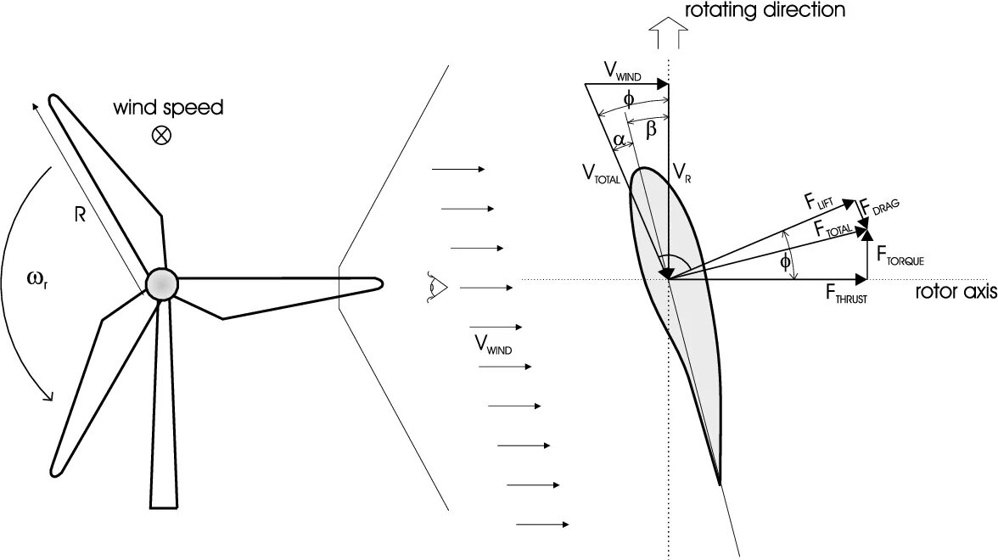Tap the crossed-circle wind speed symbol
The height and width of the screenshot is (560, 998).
[160, 134]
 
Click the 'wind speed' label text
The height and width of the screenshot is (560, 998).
[169, 109]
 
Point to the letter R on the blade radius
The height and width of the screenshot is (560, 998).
[80, 215]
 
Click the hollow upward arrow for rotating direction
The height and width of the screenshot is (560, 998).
[666, 36]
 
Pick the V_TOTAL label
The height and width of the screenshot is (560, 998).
[602, 174]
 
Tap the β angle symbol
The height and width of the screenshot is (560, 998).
[651, 129]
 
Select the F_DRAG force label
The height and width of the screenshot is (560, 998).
[877, 207]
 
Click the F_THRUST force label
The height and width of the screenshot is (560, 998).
[846, 294]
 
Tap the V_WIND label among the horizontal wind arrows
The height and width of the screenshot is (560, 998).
[492, 344]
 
